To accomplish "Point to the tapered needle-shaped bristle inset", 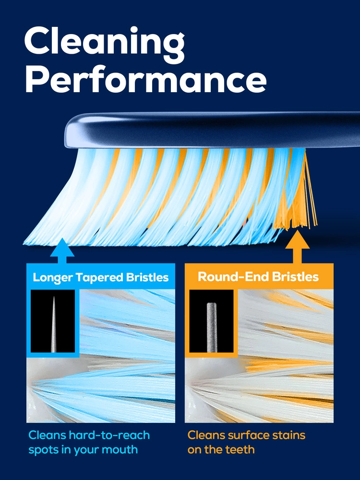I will point(53,321).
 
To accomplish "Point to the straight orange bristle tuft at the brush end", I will point(302,202).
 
